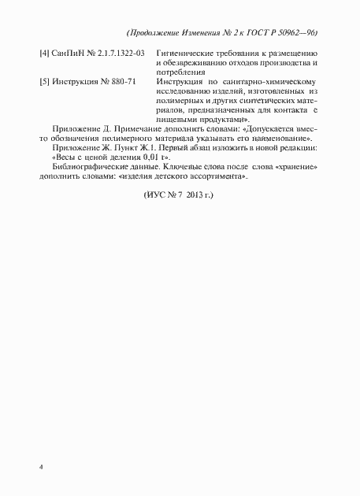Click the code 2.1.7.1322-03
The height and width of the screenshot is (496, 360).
pos(120,52)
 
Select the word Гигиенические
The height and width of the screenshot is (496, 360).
pos(187,52)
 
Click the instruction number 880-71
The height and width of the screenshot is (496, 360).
pos(122,81)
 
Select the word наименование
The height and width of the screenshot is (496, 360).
pos(279,138)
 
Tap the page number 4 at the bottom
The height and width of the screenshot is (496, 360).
pos(40,468)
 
